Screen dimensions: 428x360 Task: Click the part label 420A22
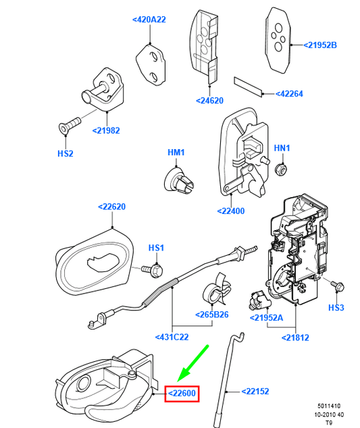(149, 20)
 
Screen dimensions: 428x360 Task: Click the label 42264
(292, 94)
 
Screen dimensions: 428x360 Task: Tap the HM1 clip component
(178, 179)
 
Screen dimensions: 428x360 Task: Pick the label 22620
(112, 207)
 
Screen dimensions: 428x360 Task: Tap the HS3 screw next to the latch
(335, 286)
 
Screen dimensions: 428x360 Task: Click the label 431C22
(173, 336)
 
